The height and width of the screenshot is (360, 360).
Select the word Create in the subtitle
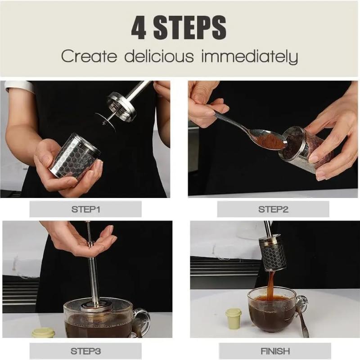pos(89,57)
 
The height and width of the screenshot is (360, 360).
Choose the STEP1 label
pos(85,209)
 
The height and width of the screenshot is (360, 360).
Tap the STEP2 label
pos(273,209)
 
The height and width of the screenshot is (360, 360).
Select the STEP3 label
pos(85,351)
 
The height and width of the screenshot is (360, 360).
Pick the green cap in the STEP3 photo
pos(43,333)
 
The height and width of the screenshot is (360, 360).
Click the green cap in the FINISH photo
pos(233,319)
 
